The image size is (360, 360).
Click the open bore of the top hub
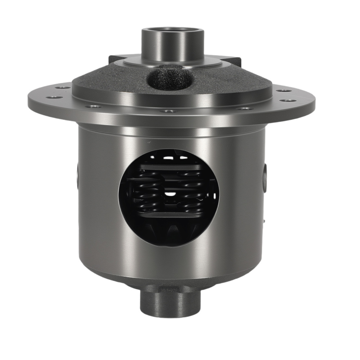pos(172,30)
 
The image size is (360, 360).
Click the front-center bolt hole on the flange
pos(169,111)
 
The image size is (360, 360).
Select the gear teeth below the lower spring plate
pos(171,229)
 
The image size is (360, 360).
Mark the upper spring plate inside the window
pos(169,167)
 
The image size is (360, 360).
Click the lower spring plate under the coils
pos(169,215)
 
